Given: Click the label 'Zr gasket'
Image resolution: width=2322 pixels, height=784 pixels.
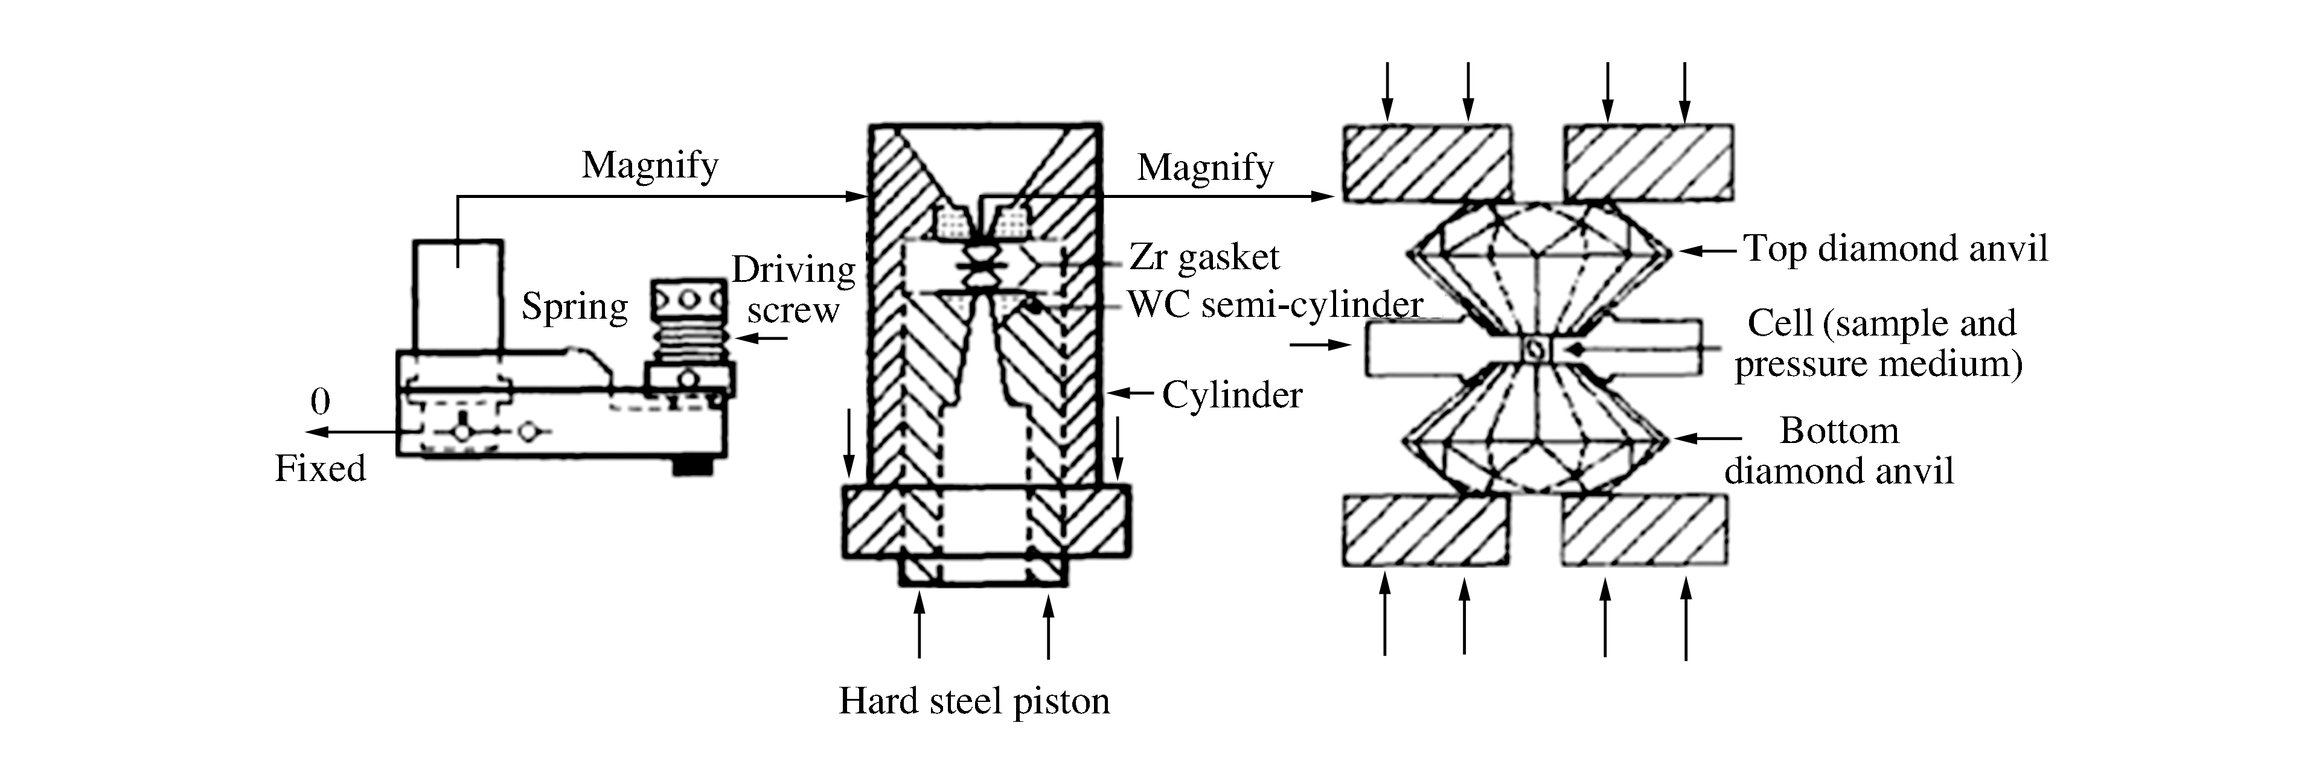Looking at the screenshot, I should coord(1203,258).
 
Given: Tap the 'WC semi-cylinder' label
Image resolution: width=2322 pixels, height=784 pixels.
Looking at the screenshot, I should coord(1275,305).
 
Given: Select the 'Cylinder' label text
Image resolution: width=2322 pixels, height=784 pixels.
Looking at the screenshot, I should coord(1231,395).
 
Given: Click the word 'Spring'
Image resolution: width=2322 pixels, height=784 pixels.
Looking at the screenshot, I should coord(574,307).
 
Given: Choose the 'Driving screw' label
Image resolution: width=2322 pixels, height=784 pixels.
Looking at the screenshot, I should coord(793,289).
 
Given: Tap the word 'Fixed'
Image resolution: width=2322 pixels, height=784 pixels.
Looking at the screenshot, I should coord(320,468).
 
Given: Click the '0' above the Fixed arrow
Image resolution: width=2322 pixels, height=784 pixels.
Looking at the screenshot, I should coord(320,402).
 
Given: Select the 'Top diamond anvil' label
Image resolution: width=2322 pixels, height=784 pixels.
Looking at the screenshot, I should coord(1895,249).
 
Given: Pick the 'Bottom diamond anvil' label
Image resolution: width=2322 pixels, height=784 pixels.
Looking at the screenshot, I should coord(1839,451).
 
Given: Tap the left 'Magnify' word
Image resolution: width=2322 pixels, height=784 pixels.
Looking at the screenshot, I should coord(649,165).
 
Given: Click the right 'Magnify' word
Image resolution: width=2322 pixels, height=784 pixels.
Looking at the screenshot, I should coord(1205,168).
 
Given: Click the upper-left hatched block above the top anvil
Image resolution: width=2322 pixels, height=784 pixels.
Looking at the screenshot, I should coord(1427,162).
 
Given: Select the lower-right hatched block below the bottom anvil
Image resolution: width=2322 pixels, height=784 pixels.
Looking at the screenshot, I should coord(1644,530).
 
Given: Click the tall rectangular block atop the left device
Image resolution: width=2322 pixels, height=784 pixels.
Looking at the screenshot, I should coord(457,295).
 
